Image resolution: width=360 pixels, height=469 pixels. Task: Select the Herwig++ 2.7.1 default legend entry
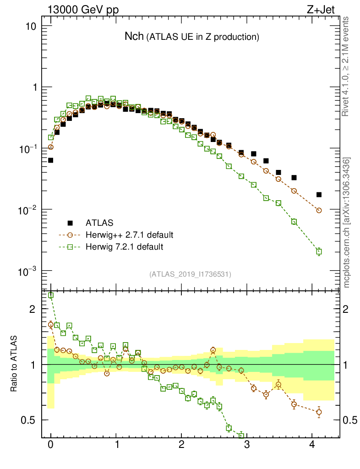129,235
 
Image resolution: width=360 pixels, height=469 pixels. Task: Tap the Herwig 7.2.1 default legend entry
125,247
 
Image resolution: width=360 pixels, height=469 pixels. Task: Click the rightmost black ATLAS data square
319,195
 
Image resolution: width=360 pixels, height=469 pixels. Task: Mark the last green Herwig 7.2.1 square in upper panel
319,251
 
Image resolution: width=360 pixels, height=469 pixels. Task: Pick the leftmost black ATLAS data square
50,160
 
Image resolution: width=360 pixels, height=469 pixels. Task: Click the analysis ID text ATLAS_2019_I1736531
190,274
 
